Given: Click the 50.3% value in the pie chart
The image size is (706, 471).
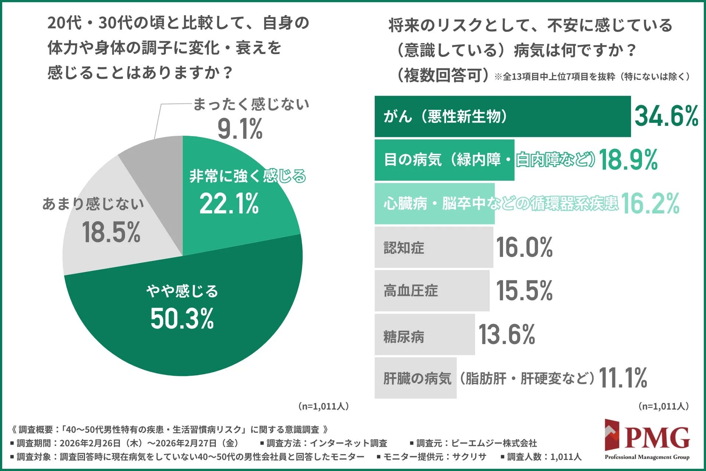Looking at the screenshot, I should point(182,318).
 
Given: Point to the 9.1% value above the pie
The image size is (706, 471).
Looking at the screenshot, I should point(240,129).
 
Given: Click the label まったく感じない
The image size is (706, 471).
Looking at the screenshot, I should point(251,105).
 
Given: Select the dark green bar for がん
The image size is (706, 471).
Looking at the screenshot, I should point(502,117).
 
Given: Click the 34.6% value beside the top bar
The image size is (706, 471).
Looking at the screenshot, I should point(666,116).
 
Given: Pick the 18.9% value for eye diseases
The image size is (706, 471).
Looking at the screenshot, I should point(628,160).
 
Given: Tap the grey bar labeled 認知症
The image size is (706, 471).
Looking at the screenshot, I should point(434,247).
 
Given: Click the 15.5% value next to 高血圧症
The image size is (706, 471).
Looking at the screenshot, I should point(524,291).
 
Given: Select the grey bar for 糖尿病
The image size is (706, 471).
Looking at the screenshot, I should point(425,335).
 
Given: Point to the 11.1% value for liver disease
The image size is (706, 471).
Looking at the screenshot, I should point(623,378).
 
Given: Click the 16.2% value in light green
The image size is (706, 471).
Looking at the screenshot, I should point(650,203).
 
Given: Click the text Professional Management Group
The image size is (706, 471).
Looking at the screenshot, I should point(647,457).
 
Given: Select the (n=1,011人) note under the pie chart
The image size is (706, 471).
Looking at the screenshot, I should point(323,406).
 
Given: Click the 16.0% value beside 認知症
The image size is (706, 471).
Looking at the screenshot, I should point(524,247).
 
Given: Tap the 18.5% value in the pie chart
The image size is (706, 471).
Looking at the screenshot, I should point(111,233).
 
